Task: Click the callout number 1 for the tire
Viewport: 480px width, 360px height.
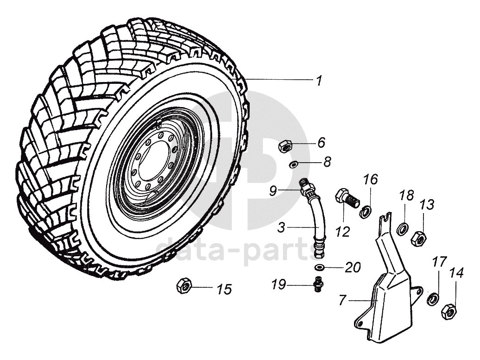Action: (318, 81)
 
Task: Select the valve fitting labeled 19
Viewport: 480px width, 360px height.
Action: (318, 284)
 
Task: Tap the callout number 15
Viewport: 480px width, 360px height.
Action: (224, 290)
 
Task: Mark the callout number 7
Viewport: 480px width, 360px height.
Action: (343, 300)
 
